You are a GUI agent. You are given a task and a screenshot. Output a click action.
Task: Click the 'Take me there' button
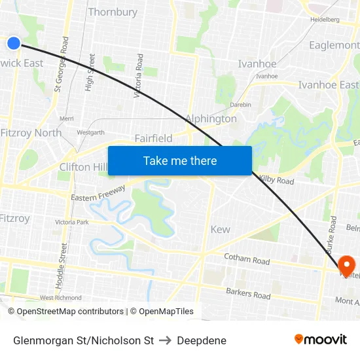coord(180,160)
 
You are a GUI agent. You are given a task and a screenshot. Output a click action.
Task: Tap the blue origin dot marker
coord(14,43)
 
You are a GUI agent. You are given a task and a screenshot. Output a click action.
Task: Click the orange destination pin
coord(346,265)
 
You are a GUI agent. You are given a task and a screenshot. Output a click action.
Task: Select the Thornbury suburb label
coord(113,12)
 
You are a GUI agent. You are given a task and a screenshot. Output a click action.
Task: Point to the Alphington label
coord(211,118)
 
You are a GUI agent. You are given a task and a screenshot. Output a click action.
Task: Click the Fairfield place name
coord(153,138)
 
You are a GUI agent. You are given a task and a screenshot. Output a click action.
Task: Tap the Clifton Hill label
coord(83,167)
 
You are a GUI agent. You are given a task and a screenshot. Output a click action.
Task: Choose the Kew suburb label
coord(220,229)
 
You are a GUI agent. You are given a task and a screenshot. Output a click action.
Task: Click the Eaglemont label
coord(334,45)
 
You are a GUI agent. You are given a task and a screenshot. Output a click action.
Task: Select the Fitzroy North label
coord(31,132)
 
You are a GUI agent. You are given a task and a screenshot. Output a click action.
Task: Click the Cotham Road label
coord(247,260)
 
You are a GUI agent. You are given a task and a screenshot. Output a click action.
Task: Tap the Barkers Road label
coord(248,294)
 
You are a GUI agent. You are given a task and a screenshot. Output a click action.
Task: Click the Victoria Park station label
coord(72,222)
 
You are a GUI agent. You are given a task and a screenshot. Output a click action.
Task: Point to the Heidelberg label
coord(325,20)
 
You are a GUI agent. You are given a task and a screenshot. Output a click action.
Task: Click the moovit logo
coord(321,339)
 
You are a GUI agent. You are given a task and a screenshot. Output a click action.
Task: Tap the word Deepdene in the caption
coord(202,340)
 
